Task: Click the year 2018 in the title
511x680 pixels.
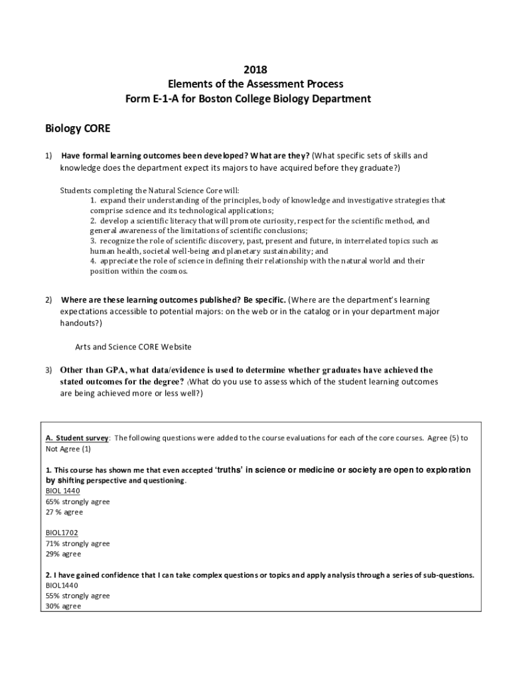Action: (x=256, y=70)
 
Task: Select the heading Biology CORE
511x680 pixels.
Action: (x=78, y=127)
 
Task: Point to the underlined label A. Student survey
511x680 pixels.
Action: (x=77, y=438)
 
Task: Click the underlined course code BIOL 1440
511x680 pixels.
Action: (x=62, y=491)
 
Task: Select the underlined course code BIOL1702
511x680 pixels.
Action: (x=62, y=533)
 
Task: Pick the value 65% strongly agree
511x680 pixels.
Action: (x=78, y=501)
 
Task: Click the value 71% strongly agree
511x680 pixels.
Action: (x=78, y=543)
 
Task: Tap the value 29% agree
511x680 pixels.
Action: (x=63, y=554)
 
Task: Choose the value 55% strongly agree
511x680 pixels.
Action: (x=78, y=596)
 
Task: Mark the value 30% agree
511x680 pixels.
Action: (x=63, y=606)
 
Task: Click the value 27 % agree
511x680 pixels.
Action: (x=64, y=512)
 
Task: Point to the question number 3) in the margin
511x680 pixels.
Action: (x=48, y=370)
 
